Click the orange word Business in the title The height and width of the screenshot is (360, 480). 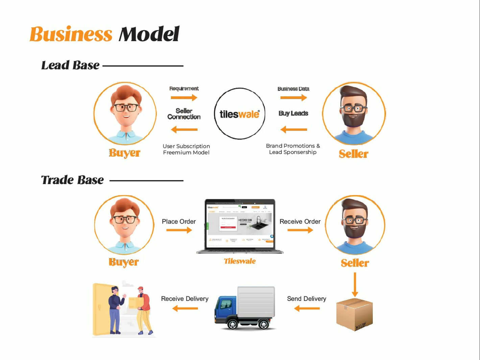(x=71, y=34)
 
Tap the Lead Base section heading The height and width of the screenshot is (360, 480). (x=70, y=65)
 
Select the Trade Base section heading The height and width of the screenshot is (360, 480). (x=72, y=180)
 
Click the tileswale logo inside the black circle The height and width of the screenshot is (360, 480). (x=239, y=114)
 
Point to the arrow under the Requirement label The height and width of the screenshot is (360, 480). (x=184, y=98)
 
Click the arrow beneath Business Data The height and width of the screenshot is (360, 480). (x=293, y=98)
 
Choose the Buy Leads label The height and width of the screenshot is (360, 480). (x=293, y=113)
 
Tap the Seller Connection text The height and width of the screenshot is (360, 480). (x=184, y=114)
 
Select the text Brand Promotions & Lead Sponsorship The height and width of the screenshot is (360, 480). (x=293, y=149)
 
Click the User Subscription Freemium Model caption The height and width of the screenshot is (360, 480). (x=186, y=149)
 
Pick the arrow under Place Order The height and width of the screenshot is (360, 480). (x=179, y=230)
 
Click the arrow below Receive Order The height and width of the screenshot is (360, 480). (x=300, y=230)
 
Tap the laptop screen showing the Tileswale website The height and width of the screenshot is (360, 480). (x=240, y=224)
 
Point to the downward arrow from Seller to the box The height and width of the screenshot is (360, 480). (x=355, y=284)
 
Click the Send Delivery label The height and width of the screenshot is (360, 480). (x=306, y=299)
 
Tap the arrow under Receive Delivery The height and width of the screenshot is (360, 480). (x=185, y=308)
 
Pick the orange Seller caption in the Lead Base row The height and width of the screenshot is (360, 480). (x=354, y=154)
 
